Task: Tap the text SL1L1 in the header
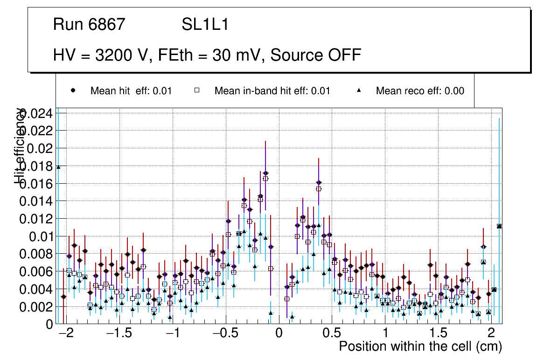click(205, 25)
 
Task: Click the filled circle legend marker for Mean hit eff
click(73, 90)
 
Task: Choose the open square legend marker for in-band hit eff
click(197, 90)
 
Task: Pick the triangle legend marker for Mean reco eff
click(359, 90)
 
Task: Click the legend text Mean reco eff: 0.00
click(420, 91)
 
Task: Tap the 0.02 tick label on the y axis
click(41, 148)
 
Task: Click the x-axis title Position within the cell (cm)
click(420, 346)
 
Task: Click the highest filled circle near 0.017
click(265, 173)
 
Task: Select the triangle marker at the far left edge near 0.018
click(58, 166)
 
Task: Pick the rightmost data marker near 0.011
click(499, 226)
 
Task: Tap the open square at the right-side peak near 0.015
click(319, 189)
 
